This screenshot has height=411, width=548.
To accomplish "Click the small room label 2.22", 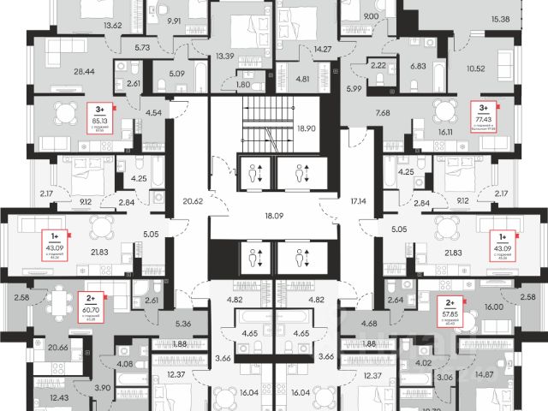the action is click(x=378, y=64).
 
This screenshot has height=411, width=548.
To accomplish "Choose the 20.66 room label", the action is click(x=59, y=348).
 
